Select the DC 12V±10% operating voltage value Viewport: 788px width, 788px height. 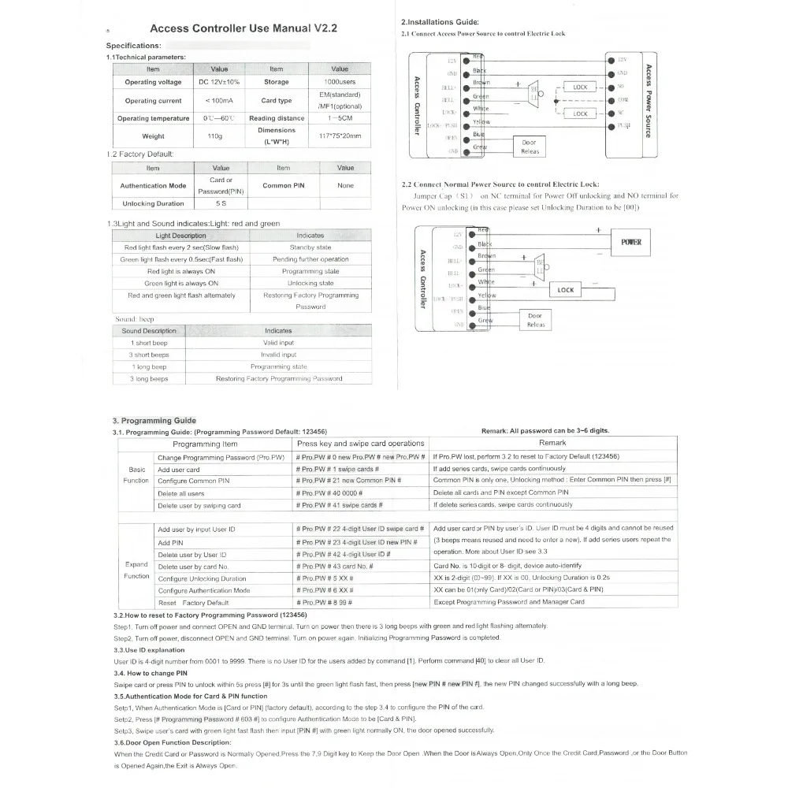(x=219, y=82)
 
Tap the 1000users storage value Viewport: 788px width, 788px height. (x=340, y=82)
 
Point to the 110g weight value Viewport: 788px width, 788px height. (x=215, y=136)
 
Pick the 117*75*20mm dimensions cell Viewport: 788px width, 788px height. (x=340, y=136)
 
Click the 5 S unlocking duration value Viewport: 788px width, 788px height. (x=221, y=203)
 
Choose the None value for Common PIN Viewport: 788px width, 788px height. (x=345, y=186)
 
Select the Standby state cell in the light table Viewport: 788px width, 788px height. (x=310, y=247)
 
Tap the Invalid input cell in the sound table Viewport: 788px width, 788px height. (x=278, y=355)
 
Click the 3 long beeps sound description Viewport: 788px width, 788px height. (x=149, y=378)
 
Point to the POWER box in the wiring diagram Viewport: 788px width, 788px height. (x=631, y=243)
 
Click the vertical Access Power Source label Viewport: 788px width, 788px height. (x=648, y=101)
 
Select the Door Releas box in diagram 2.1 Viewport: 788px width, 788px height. (x=530, y=147)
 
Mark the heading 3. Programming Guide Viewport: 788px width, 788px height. (x=154, y=421)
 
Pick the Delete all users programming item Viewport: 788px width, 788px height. (x=181, y=492)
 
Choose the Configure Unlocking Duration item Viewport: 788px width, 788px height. (x=202, y=578)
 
